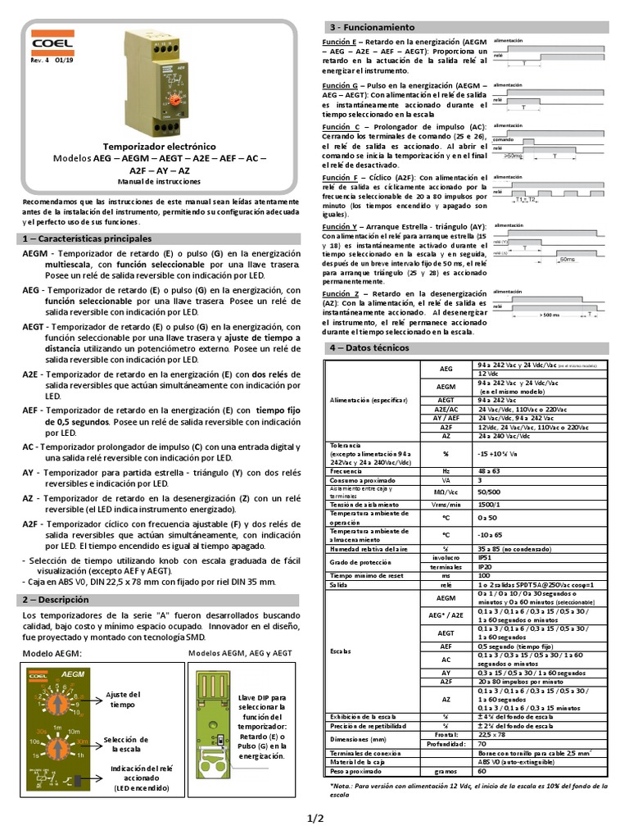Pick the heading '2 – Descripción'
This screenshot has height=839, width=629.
click(54, 599)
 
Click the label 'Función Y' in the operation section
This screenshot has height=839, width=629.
click(340, 225)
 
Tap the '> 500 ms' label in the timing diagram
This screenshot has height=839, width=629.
click(550, 314)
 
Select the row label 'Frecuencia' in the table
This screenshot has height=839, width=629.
click(347, 471)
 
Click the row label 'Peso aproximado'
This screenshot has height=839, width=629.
click(356, 771)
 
